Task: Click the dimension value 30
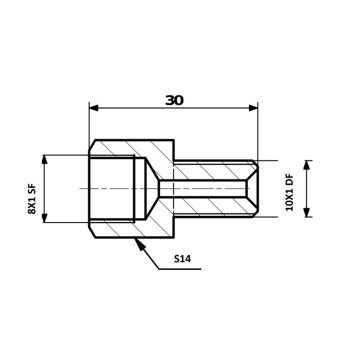tap(175, 100)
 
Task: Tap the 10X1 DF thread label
tap(289, 193)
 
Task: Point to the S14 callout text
tap(182, 259)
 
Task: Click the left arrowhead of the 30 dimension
tap(94, 108)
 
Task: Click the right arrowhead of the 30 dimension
tap(253, 108)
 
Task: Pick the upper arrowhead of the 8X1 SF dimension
tap(44, 160)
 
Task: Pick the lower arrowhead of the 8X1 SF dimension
tap(44, 218)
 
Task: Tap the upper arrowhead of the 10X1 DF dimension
tap(307, 165)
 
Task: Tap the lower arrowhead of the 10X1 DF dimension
tap(307, 212)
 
